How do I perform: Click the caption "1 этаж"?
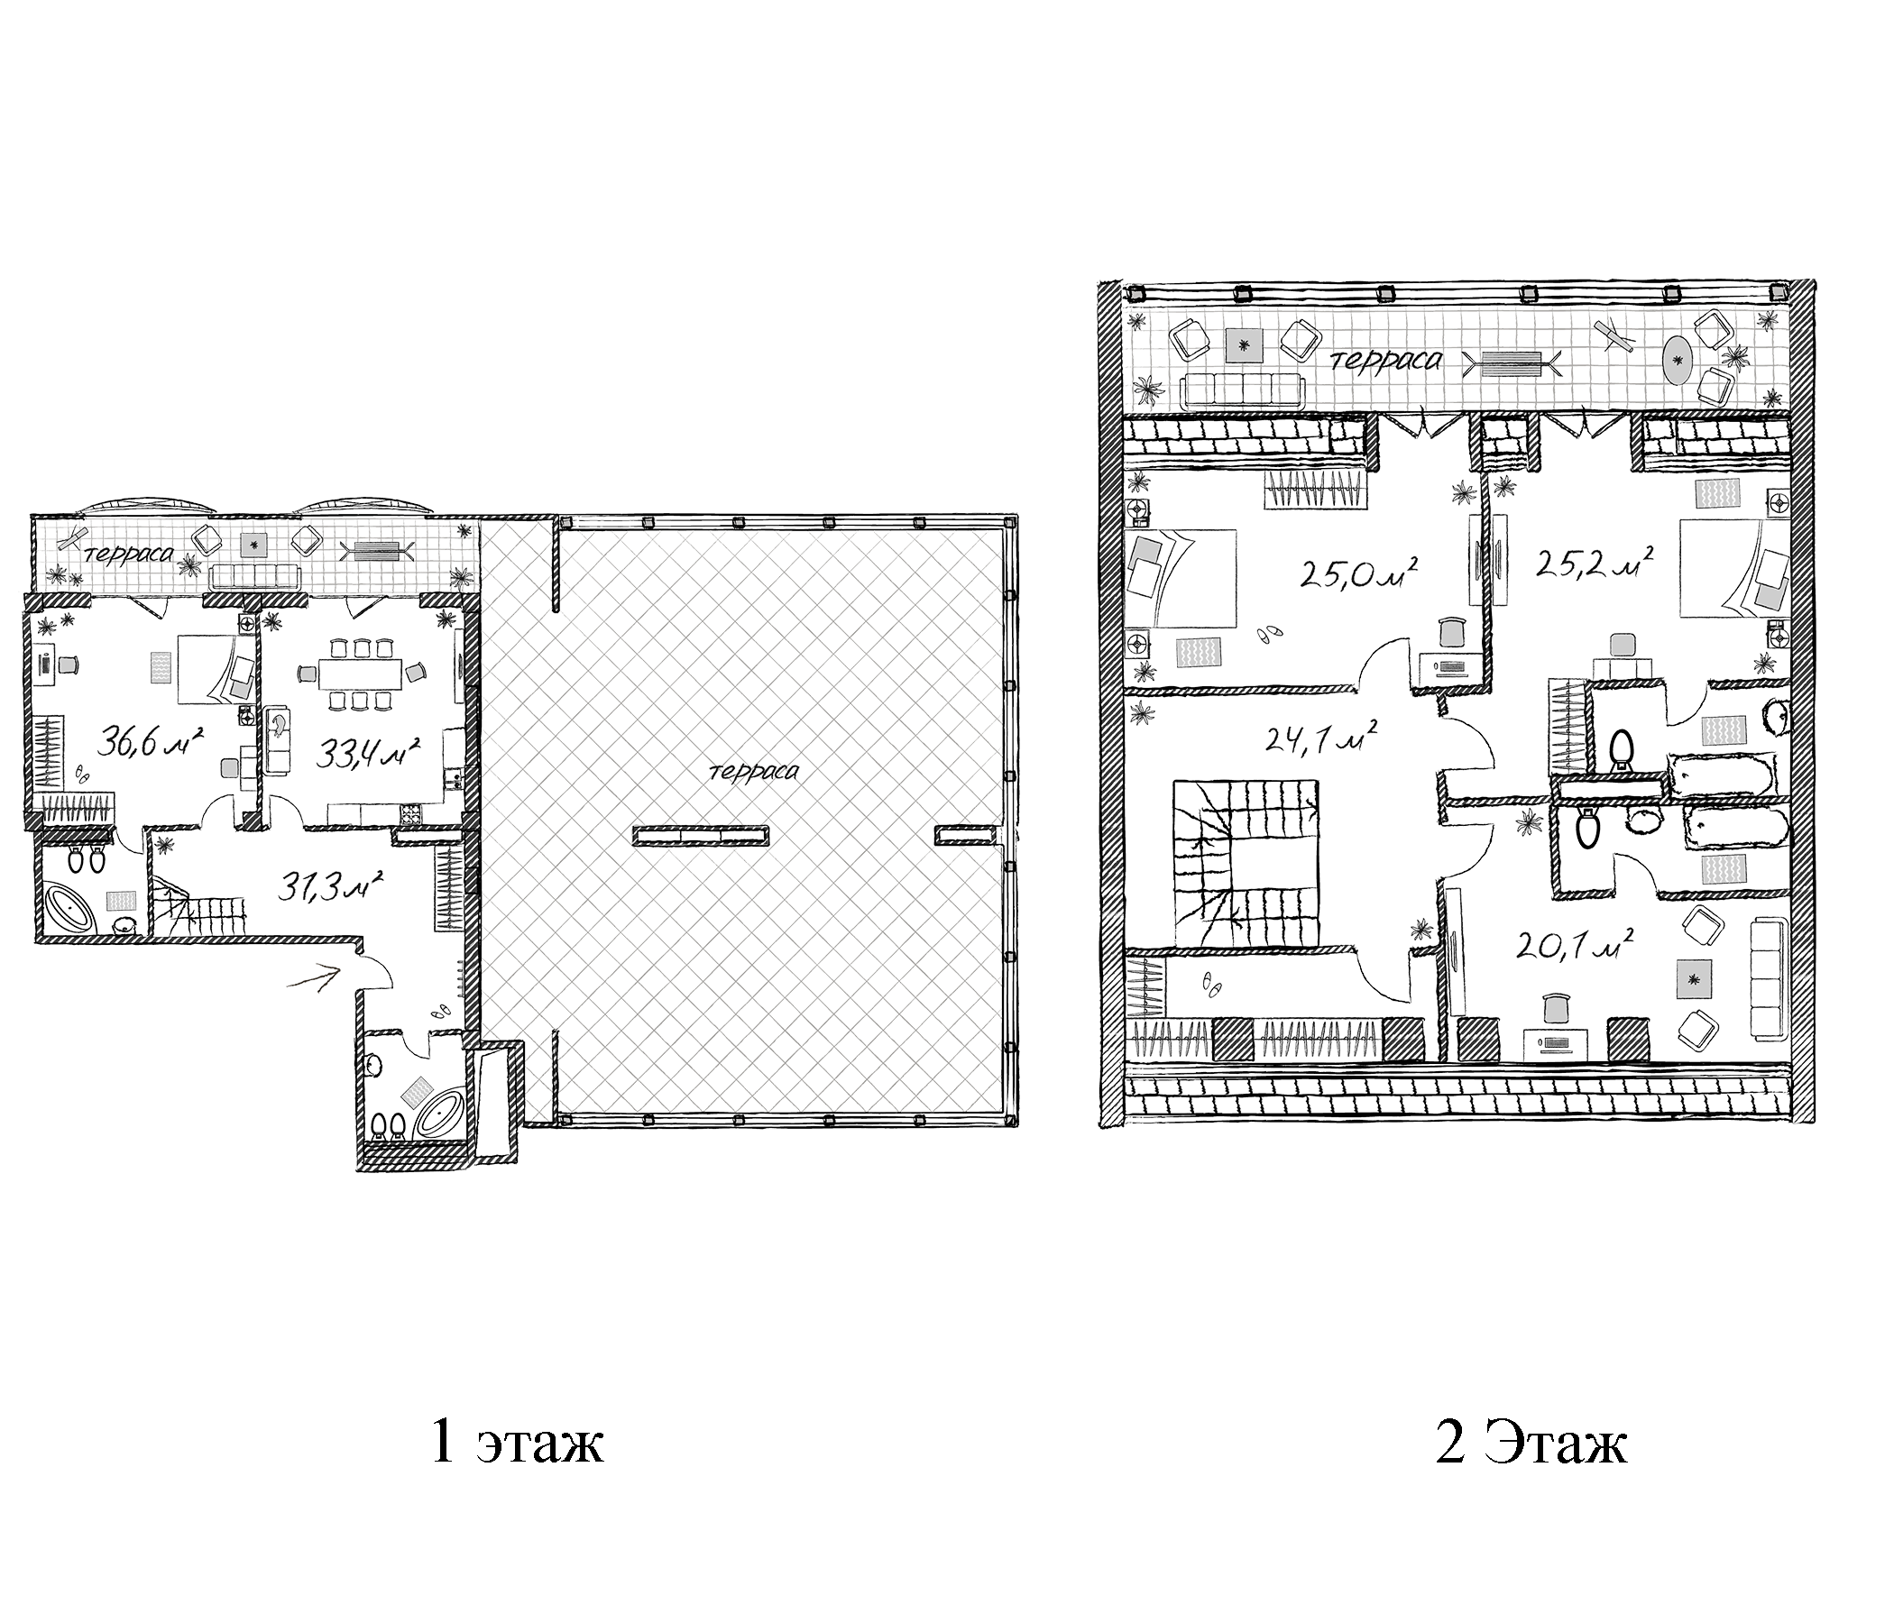tap(517, 1443)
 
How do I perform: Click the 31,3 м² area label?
tap(329, 884)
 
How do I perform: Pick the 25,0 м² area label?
tap(1359, 572)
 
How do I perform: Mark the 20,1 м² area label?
tap(1574, 944)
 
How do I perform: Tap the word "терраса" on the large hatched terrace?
tap(753, 771)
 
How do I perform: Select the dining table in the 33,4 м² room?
tap(360, 674)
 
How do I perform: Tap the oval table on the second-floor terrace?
tap(1676, 360)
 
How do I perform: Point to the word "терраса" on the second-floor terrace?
tap(1388, 360)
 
